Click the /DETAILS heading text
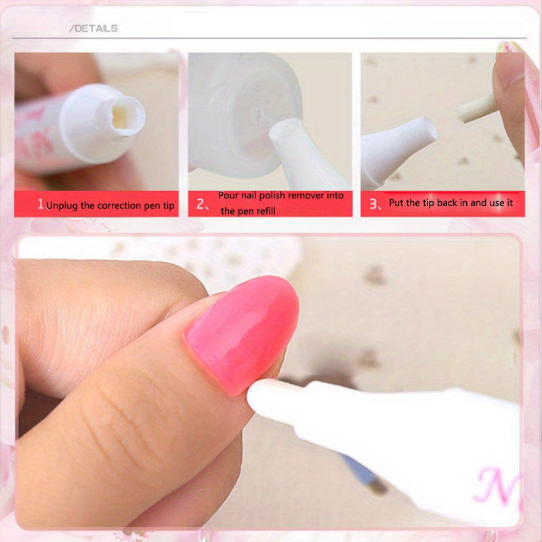point(94,28)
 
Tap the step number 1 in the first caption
point(41,204)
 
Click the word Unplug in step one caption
point(62,205)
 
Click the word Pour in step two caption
point(228,195)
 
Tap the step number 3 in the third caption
point(372,203)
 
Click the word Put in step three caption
point(396,203)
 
